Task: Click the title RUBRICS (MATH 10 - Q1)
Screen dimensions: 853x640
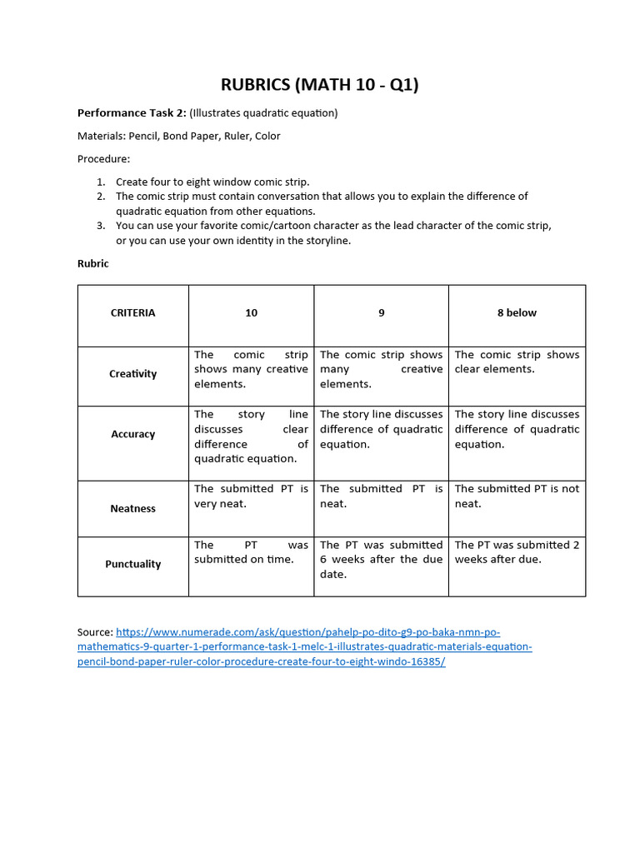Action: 319,84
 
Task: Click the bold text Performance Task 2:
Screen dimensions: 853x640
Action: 132,112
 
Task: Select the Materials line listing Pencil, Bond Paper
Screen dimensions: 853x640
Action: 178,136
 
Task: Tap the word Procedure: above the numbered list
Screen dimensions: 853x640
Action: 103,158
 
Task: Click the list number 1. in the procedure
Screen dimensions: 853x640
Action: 101,182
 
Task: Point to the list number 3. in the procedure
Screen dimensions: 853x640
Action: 101,225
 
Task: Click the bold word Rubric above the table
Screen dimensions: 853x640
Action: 93,263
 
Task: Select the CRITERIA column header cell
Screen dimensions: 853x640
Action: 132,313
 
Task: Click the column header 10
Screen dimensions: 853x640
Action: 251,313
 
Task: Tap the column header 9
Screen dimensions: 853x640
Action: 381,313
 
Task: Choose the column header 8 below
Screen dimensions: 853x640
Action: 517,313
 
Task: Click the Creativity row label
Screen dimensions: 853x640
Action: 132,374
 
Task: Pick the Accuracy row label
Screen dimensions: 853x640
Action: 132,434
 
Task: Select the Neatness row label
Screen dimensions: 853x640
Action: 132,508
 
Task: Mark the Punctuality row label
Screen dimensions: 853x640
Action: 132,564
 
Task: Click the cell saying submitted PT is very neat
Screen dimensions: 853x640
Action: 251,496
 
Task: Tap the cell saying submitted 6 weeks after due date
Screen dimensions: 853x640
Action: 381,559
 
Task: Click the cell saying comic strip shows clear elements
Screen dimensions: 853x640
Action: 517,362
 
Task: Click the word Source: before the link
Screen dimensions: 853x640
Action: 95,632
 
